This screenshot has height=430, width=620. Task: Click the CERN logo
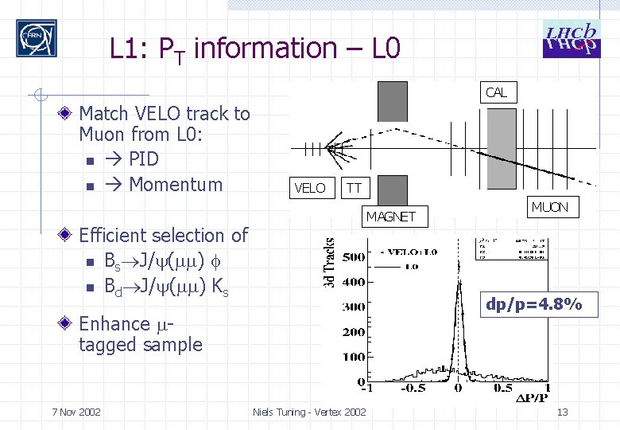click(37, 37)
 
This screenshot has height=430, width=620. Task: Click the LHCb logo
click(569, 38)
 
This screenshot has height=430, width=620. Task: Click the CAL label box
click(496, 92)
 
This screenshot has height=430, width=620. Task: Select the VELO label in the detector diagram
click(310, 188)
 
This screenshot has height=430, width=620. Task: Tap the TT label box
click(354, 188)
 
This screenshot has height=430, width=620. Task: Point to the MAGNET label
click(390, 216)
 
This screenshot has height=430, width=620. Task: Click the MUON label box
click(549, 207)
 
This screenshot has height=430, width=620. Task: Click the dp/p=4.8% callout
click(534, 304)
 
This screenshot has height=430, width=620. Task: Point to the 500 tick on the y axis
click(352, 256)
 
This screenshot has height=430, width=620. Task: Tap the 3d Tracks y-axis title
click(330, 260)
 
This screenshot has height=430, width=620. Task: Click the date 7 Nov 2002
click(76, 412)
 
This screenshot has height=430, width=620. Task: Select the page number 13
click(562, 412)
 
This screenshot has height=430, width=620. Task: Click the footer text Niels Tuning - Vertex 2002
click(309, 412)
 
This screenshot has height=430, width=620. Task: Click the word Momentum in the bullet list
click(175, 185)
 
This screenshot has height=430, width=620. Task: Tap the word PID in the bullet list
click(143, 158)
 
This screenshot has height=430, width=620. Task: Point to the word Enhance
click(114, 324)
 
